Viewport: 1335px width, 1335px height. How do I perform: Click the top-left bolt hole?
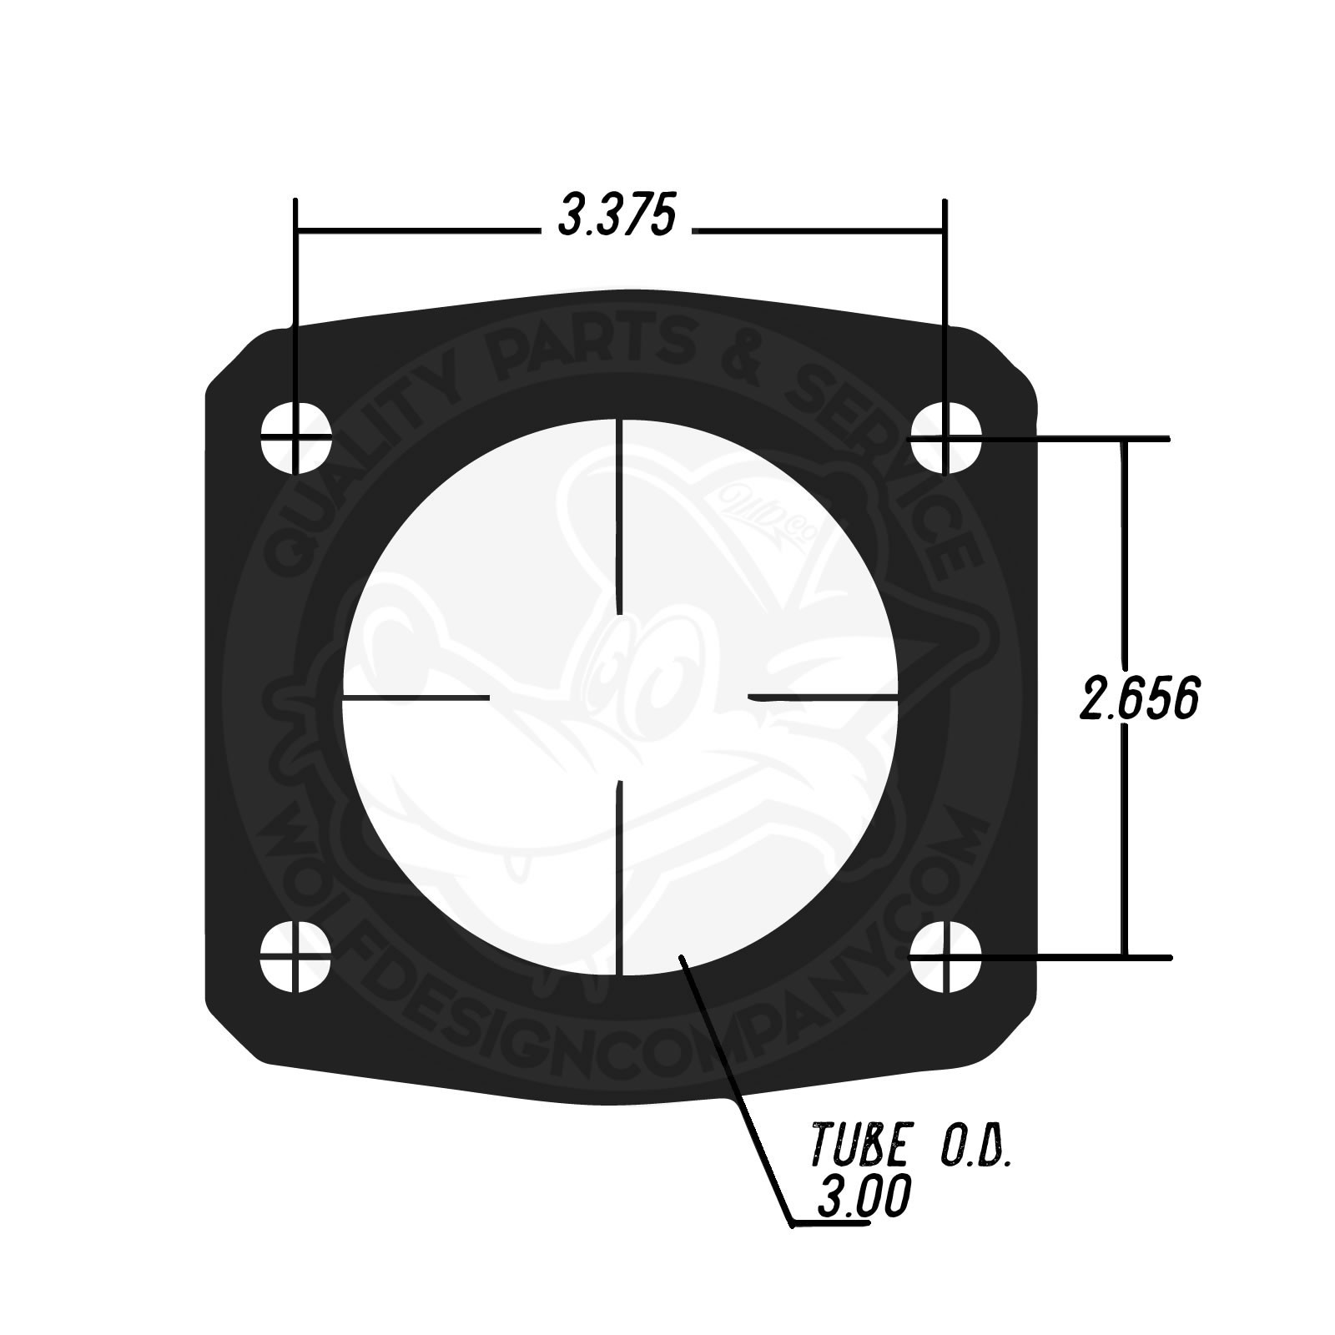point(295,437)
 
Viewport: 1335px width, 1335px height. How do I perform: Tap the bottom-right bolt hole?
point(945,956)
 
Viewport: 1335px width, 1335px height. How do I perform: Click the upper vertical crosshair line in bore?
point(620,517)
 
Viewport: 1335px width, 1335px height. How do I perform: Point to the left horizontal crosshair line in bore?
point(416,696)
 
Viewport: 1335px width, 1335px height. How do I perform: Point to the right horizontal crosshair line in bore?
point(824,696)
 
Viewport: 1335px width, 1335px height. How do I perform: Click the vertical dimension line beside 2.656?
point(1125,567)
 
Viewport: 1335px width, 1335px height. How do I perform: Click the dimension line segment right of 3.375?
point(818,229)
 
